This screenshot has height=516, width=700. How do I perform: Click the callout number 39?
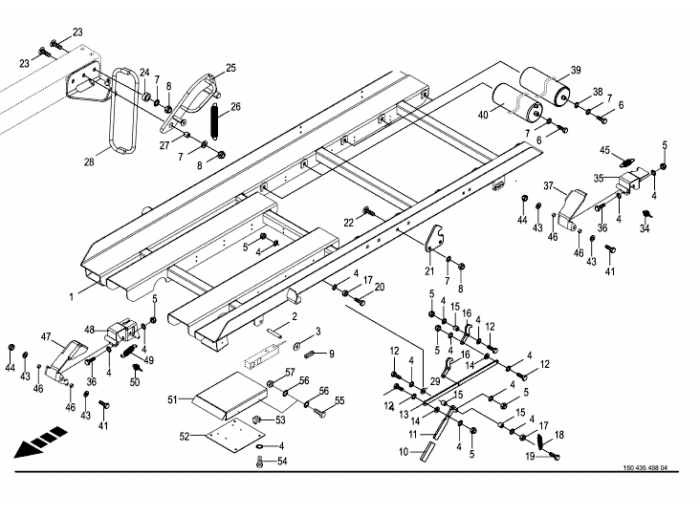(576, 71)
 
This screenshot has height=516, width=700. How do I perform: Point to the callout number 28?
(88, 162)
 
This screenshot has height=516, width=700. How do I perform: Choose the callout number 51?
(174, 398)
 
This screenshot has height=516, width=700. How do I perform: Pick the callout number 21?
(430, 271)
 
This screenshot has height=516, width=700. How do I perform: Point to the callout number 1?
(71, 297)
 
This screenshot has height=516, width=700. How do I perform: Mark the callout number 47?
(45, 336)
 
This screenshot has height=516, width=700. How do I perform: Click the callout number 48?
(89, 330)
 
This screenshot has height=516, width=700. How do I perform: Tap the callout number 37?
(549, 185)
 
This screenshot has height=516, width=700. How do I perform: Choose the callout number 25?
(230, 68)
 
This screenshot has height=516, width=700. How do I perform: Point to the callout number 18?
(559, 435)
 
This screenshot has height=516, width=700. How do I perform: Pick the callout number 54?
(281, 462)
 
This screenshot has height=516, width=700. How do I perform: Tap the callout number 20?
(379, 287)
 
